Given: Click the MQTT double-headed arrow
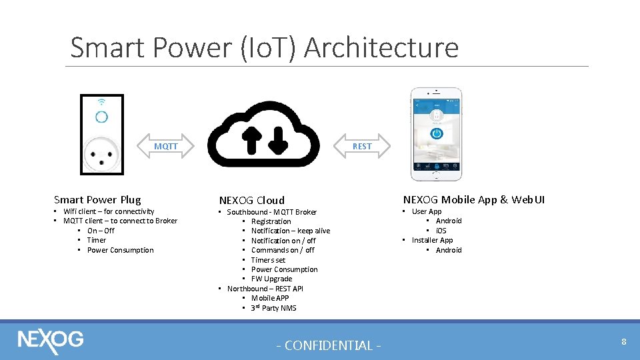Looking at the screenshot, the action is click(x=166, y=146).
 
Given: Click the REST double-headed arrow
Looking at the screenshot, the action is click(x=362, y=146).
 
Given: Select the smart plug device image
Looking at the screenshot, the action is click(x=102, y=135).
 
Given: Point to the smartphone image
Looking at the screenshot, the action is click(x=437, y=134).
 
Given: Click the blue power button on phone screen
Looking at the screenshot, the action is click(x=437, y=133).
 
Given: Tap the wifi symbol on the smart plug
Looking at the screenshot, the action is click(x=101, y=102).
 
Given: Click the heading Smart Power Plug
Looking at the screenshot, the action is click(x=97, y=199).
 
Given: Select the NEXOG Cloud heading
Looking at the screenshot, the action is click(x=252, y=200).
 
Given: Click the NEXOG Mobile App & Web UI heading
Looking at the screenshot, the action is click(x=473, y=199).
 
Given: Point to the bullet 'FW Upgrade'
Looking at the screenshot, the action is click(x=271, y=279).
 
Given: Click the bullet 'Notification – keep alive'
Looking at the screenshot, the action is click(x=291, y=231).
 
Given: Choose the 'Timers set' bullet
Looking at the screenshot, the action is click(x=268, y=259).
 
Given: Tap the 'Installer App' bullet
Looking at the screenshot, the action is click(x=432, y=240).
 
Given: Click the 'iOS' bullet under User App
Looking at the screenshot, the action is click(x=441, y=231).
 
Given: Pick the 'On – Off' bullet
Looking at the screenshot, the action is click(x=101, y=231).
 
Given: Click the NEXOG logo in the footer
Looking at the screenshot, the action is click(x=51, y=339).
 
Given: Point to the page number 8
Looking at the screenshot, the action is click(x=623, y=342).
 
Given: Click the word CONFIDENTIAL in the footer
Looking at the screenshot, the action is click(x=329, y=345).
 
